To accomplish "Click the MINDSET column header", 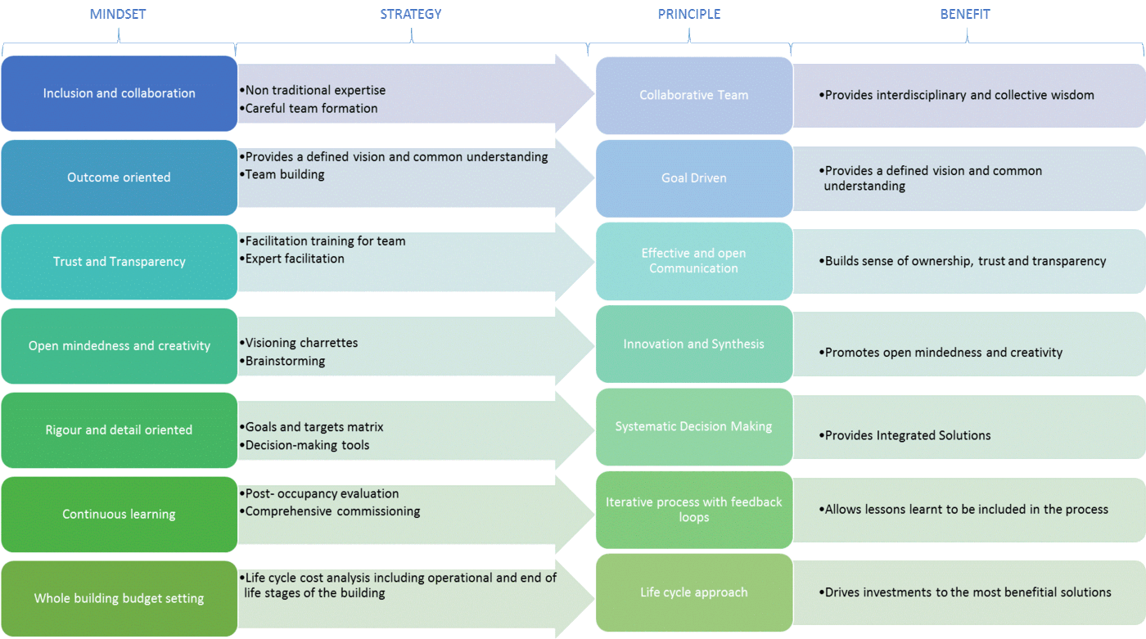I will (119, 14).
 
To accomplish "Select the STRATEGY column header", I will (410, 14).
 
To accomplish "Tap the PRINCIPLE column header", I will (688, 14).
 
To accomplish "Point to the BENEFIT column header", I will (966, 14).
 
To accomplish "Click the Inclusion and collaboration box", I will (119, 93).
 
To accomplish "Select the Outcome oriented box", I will (119, 177).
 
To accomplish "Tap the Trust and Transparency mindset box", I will (119, 261).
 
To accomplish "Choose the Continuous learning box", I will (119, 514).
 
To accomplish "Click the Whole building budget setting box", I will (119, 598).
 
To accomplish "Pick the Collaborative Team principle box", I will (693, 95).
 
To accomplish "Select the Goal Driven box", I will (693, 178).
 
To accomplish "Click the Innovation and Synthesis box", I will (693, 344).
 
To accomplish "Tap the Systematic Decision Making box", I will (693, 426).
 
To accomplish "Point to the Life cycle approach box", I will (693, 592).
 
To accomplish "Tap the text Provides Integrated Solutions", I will (907, 435).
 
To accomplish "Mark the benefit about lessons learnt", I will (966, 509).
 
